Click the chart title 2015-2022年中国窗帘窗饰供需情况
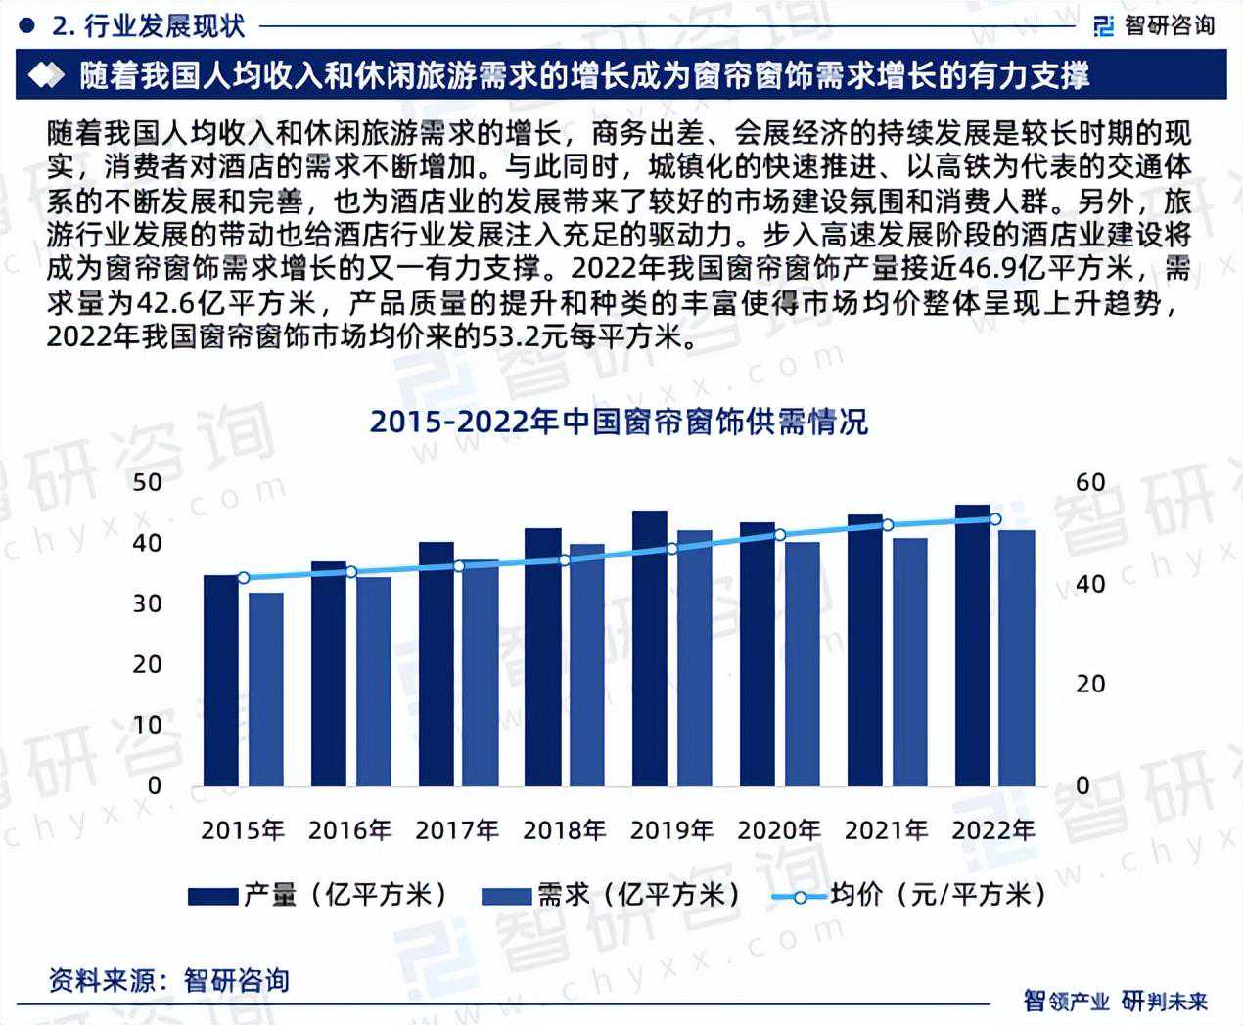619,422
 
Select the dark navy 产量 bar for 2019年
650,647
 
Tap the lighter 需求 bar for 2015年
265,689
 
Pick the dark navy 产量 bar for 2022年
973,646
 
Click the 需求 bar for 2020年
802,664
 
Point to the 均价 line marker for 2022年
994,519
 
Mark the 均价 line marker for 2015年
243,578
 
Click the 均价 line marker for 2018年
565,560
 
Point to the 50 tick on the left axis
147,482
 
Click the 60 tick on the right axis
1090,482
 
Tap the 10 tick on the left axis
147,725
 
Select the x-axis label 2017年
457,830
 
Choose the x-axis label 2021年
887,830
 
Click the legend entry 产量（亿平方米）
317,895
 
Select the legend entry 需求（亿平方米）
611,895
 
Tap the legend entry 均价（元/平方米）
908,895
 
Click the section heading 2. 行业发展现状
148,26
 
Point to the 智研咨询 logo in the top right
1154,25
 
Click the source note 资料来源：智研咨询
169,980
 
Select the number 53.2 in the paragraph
511,337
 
